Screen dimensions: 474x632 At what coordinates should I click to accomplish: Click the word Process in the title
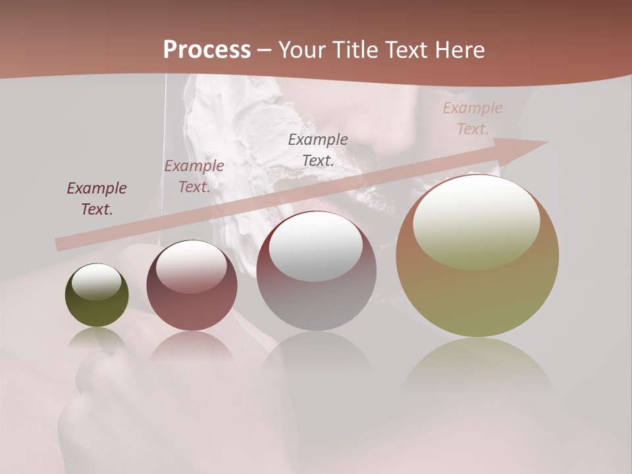207,50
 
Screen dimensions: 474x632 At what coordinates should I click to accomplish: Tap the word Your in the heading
303,50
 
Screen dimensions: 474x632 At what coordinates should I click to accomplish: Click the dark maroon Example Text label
96,199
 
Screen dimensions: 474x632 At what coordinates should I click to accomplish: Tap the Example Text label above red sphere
194,176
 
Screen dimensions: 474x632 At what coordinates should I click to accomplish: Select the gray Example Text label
318,149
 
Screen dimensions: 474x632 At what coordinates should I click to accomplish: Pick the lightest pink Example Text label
473,118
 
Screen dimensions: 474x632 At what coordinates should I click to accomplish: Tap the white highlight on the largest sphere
477,221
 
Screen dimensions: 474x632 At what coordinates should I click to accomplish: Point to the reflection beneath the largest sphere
477,365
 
